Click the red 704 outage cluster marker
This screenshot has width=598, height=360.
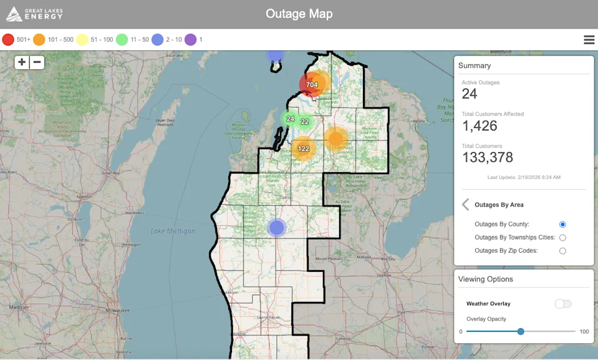311,84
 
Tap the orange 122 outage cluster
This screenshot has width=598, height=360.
303,148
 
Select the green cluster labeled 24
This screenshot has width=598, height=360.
290,119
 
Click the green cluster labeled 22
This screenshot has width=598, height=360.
305,122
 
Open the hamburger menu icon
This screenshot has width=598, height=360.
589,39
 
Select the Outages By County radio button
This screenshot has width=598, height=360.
562,224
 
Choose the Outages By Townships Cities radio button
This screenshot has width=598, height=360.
562,238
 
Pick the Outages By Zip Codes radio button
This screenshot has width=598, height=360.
562,251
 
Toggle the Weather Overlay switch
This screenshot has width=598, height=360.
563,304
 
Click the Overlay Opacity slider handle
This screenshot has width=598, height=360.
521,331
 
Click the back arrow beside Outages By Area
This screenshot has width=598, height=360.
465,205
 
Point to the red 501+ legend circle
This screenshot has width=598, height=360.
8,39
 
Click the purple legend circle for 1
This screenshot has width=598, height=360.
190,39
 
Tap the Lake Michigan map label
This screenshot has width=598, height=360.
173,231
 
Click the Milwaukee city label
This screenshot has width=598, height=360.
117,310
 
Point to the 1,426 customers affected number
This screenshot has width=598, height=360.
480,126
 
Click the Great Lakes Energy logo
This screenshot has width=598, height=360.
34,14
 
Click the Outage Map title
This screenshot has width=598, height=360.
299,14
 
